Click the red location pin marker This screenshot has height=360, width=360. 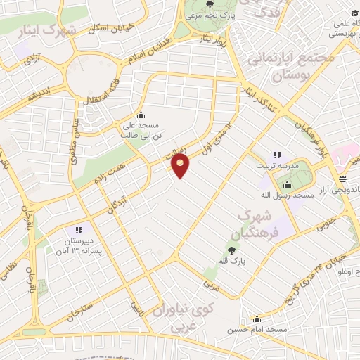click(x=181, y=166)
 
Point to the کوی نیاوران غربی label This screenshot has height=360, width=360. click(x=172, y=316)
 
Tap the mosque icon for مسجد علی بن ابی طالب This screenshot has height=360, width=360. click(x=141, y=115)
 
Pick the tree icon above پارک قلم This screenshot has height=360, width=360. click(x=231, y=250)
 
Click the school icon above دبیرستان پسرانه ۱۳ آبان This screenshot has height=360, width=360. click(x=78, y=230)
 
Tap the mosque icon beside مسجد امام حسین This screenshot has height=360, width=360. click(x=257, y=319)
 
